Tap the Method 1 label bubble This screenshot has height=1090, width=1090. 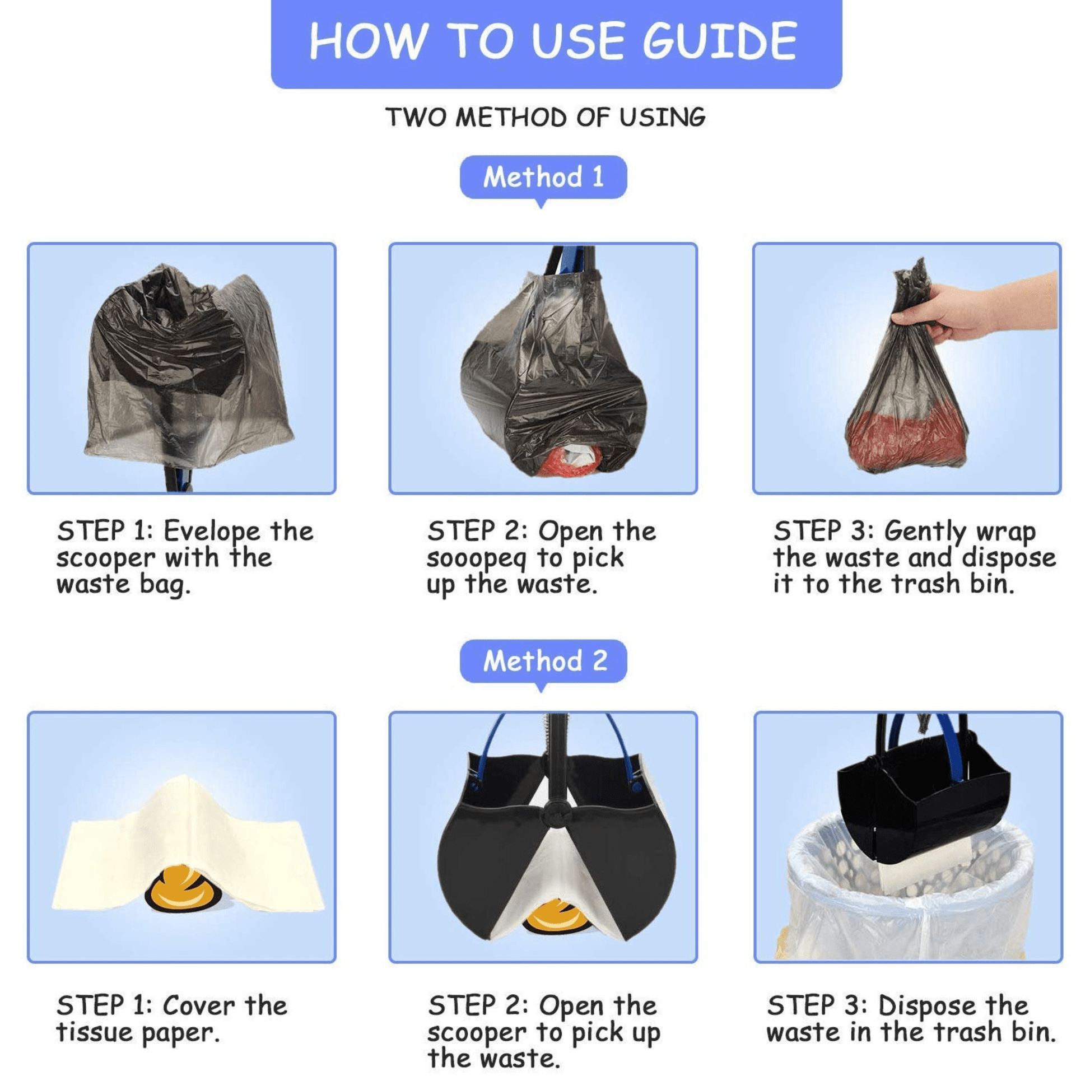coord(543,177)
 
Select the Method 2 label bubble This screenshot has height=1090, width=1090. coord(543,660)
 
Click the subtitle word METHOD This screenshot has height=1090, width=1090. coord(511,118)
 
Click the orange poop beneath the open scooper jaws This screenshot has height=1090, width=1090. coord(557,916)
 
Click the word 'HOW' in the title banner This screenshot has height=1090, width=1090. coord(367,41)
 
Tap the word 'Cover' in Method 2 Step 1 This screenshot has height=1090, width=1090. coord(198,1006)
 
